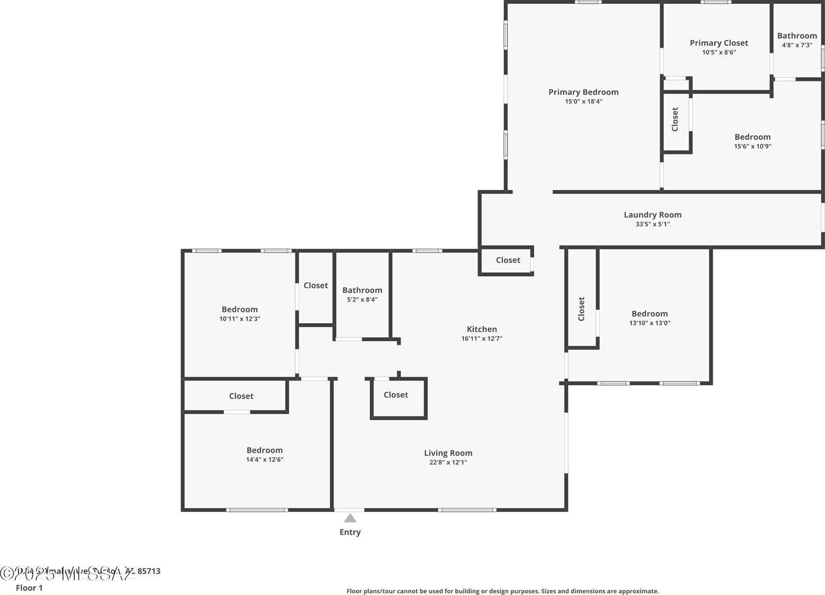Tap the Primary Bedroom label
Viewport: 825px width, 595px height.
coord(583,92)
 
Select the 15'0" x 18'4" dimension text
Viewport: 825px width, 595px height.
coord(583,102)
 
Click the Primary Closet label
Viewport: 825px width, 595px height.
coord(719,43)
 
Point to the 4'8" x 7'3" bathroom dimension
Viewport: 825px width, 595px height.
coord(797,45)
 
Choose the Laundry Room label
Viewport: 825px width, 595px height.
coord(652,215)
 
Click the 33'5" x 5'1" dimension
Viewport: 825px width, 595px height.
coord(652,224)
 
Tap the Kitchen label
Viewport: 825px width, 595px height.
coord(482,329)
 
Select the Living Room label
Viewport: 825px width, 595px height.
coord(448,453)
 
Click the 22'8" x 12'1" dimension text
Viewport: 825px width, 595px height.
coord(448,462)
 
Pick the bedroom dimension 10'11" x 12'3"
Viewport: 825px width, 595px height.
coord(239,319)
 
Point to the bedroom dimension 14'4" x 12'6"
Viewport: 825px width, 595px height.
coord(265,460)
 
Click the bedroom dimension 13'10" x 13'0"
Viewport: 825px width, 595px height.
coord(649,323)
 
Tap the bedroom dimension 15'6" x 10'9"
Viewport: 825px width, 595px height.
coord(752,146)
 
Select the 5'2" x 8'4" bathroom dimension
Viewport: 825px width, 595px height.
coord(362,300)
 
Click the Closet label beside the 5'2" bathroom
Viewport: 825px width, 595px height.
coord(316,286)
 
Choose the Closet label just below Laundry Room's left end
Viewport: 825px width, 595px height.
coord(508,260)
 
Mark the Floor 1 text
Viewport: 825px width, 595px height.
coord(29,588)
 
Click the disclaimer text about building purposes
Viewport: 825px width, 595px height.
coord(502,591)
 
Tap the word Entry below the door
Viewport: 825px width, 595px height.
coord(350,532)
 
